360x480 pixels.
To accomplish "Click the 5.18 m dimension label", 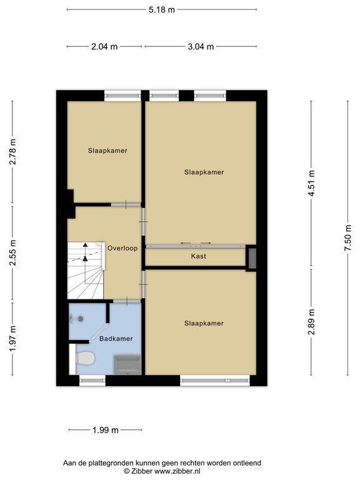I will point(162,10).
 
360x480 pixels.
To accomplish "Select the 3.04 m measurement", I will point(201,46).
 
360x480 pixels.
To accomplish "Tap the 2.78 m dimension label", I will point(12,152).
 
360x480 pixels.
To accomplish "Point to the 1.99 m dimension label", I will point(105,430).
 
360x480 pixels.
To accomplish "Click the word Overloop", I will point(122,248).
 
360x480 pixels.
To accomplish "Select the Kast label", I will point(199,256).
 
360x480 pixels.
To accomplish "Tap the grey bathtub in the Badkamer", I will point(127,363).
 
